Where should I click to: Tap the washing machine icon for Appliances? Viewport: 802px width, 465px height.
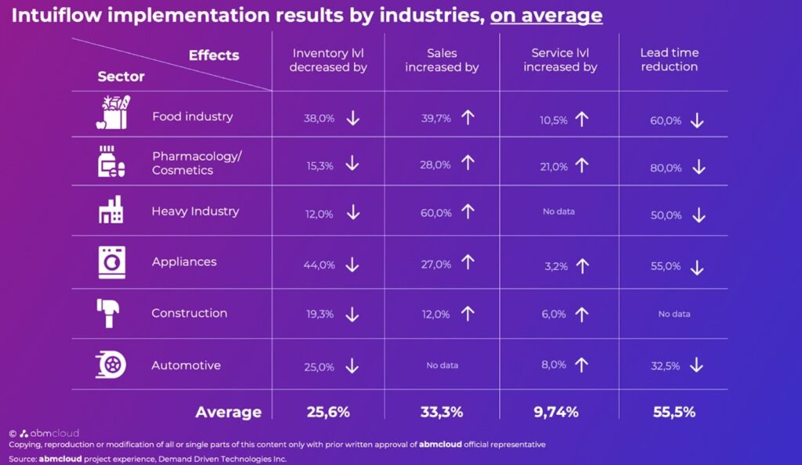click(x=111, y=262)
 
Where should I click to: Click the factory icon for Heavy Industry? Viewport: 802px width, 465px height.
click(x=110, y=211)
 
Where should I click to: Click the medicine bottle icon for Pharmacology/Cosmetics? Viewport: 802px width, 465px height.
click(x=110, y=161)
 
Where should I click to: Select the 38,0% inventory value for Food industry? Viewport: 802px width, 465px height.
click(x=320, y=119)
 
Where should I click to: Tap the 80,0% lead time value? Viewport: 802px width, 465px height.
click(x=666, y=168)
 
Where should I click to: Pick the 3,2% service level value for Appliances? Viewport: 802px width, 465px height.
click(x=557, y=267)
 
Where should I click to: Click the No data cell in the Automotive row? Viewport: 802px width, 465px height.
click(x=443, y=366)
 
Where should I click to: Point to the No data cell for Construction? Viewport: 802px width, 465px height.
click(x=674, y=314)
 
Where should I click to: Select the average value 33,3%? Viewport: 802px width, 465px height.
click(x=441, y=412)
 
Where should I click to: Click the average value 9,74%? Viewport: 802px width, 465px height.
click(x=557, y=412)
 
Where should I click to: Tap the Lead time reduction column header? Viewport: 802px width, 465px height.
click(x=669, y=59)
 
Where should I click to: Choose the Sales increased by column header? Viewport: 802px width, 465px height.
click(x=442, y=59)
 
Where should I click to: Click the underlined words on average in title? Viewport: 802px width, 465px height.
click(x=546, y=15)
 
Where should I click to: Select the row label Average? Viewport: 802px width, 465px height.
click(x=228, y=412)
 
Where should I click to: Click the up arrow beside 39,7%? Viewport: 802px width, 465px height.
click(x=468, y=117)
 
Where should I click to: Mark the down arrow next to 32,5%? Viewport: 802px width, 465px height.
click(x=697, y=366)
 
